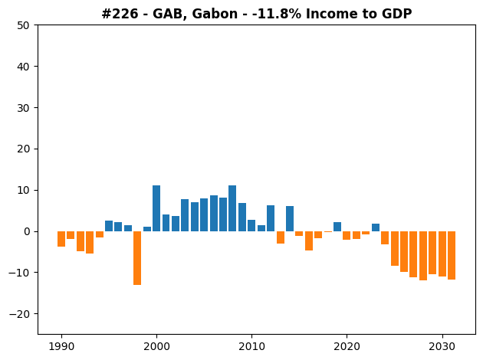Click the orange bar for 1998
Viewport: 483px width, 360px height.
click(x=137, y=258)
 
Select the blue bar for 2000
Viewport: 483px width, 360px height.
click(x=156, y=208)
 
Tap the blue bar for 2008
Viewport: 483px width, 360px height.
click(x=232, y=208)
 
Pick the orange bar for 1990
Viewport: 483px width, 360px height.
click(x=61, y=239)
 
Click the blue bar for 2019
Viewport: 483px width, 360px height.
click(x=337, y=227)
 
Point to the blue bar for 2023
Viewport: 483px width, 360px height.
click(x=376, y=227)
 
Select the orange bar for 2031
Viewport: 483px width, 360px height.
click(x=452, y=255)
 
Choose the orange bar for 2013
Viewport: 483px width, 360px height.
click(x=281, y=237)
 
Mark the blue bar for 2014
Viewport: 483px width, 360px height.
click(x=290, y=219)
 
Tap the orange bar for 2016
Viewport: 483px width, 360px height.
click(x=309, y=241)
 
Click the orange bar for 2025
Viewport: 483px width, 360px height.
click(x=395, y=249)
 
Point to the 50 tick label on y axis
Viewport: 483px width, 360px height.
click(x=24, y=25)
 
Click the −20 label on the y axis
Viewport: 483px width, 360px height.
click(x=19, y=314)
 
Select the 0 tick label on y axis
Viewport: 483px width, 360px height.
click(x=27, y=231)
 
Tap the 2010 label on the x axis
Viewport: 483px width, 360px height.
click(x=251, y=347)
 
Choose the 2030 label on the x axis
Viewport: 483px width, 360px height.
click(x=442, y=347)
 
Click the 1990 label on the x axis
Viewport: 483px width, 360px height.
click(x=61, y=347)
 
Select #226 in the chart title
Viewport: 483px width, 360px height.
click(x=120, y=14)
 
